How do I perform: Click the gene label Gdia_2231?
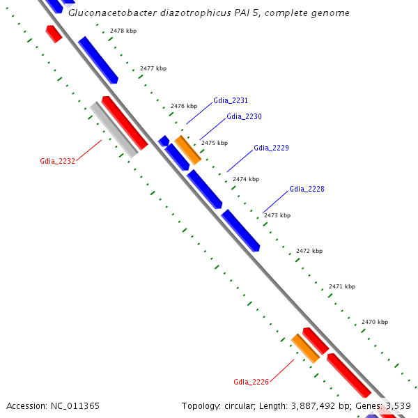[231, 100]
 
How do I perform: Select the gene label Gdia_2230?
[244, 116]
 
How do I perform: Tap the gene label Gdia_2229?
[271, 148]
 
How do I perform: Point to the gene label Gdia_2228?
[307, 189]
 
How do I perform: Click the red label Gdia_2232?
[57, 161]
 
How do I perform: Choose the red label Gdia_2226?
[251, 382]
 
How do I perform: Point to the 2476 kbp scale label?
[184, 106]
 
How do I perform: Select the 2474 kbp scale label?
[245, 179]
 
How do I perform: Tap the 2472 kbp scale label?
[309, 251]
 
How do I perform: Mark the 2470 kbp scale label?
[375, 322]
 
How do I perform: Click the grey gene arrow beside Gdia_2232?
[114, 130]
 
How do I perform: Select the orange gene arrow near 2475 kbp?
[187, 150]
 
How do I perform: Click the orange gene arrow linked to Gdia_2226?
[305, 348]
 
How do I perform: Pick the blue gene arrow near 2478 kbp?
[98, 60]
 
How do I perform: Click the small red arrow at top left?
[54, 33]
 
